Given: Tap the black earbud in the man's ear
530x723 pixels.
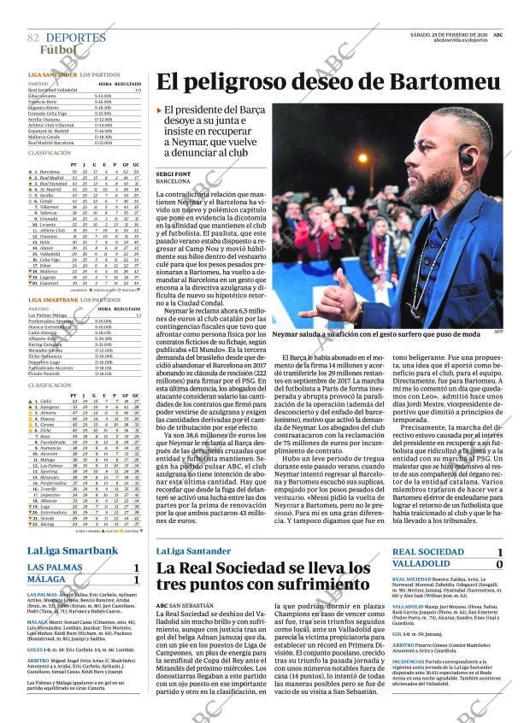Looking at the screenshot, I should point(464,156).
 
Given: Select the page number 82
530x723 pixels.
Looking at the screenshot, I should point(33,38).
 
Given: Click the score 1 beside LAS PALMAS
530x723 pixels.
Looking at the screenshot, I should point(136,568).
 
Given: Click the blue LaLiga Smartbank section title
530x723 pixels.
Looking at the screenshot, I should point(72,550).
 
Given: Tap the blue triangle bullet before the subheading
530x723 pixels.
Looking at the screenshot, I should point(159,111).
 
